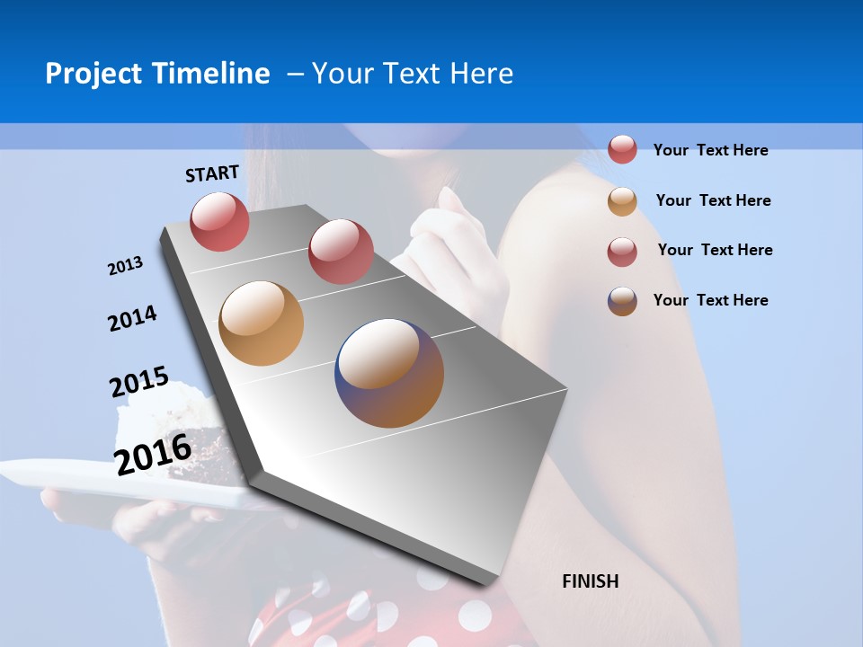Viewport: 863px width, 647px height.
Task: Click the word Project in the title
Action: pos(93,74)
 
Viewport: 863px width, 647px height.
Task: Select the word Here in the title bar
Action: pos(481,74)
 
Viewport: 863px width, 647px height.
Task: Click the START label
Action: pos(212,173)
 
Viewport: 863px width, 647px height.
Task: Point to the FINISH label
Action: pos(591,581)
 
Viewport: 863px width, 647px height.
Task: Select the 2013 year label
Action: pos(125,266)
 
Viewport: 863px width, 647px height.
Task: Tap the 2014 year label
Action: pos(132,319)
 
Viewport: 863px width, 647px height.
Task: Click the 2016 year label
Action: pos(153,454)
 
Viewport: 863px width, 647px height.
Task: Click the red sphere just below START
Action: pos(219,221)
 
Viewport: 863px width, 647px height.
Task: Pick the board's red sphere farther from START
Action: pos(341,251)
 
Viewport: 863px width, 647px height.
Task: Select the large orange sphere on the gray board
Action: pos(261,323)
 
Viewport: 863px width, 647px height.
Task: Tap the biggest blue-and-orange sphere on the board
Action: pos(389,372)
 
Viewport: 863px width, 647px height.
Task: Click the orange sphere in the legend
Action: pos(622,201)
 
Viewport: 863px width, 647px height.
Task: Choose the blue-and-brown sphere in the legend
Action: pos(622,301)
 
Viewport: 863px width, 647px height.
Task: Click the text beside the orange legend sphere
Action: pos(713,200)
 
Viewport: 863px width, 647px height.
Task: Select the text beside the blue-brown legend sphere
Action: pos(710,300)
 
